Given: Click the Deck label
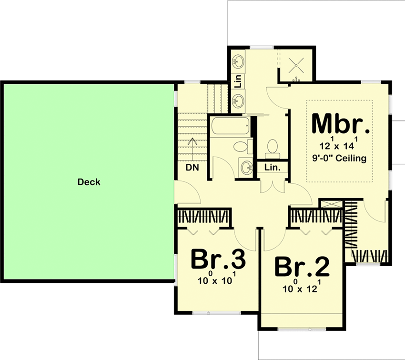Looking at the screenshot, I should tap(90, 182).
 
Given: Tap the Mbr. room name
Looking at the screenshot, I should tap(340, 124).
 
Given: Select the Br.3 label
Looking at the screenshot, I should tap(218, 260).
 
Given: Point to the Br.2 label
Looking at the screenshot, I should tap(302, 267).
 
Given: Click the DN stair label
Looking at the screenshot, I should tap(192, 168).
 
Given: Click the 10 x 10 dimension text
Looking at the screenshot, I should tap(217, 280).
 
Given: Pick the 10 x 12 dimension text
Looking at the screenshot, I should tap(301, 288).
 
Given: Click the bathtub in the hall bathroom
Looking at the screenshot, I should tap(229, 127).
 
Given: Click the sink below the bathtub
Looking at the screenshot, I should tap(246, 167).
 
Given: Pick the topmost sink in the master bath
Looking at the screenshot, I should tap(238, 61).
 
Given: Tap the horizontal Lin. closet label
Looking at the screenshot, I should tap(272, 168).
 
